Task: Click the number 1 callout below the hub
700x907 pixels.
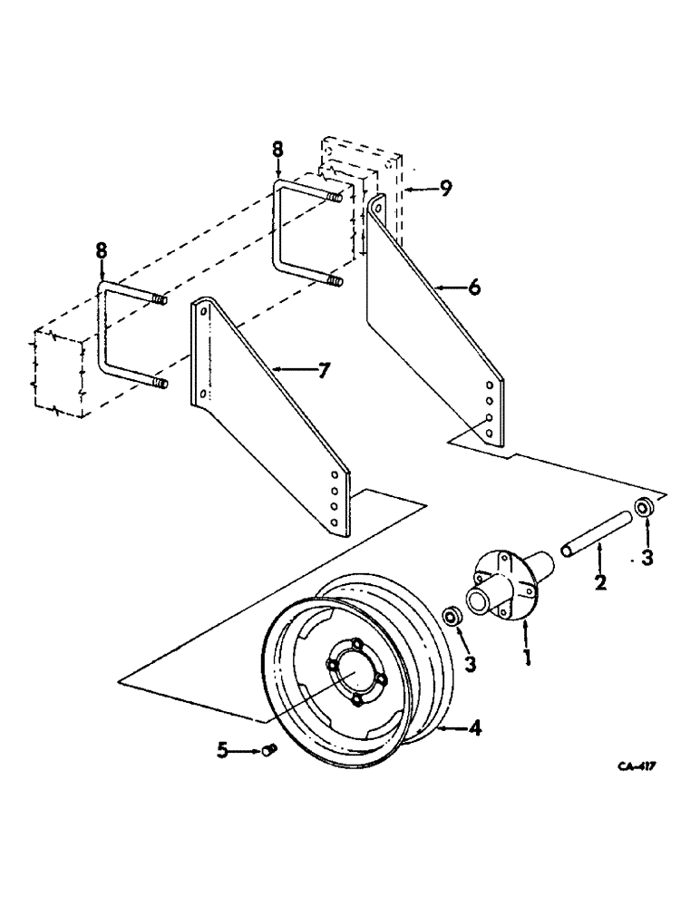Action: pyautogui.click(x=528, y=651)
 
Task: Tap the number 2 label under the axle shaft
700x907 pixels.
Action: pyautogui.click(x=600, y=581)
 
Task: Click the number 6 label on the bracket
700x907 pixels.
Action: pyautogui.click(x=476, y=288)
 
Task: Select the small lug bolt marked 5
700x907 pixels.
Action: pyautogui.click(x=268, y=749)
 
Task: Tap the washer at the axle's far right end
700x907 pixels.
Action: pyautogui.click(x=645, y=507)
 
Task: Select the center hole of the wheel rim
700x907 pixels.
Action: pyautogui.click(x=355, y=672)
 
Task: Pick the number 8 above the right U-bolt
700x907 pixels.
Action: pyautogui.click(x=277, y=149)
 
